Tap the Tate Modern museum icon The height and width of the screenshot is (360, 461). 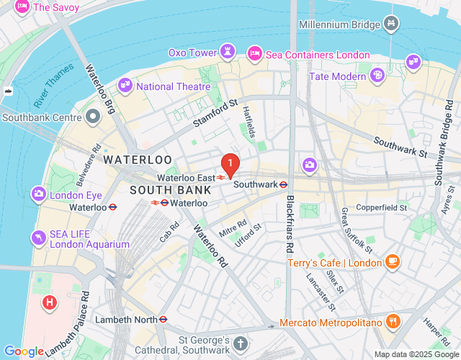[377, 75]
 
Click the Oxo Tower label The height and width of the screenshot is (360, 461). [192, 53]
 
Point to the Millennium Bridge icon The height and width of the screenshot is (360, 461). [391, 24]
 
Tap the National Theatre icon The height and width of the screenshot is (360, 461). [125, 86]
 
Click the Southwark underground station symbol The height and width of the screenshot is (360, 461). [284, 184]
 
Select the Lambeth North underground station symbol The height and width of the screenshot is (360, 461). [164, 319]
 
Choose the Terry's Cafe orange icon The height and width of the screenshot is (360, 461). [392, 262]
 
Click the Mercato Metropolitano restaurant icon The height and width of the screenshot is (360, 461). [393, 321]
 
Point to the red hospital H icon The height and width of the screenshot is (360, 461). [49, 302]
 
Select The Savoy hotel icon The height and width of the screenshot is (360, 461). [22, 7]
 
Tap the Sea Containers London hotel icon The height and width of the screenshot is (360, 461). [254, 54]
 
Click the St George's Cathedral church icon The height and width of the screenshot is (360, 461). [241, 344]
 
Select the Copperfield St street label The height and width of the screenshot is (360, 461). [382, 207]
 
